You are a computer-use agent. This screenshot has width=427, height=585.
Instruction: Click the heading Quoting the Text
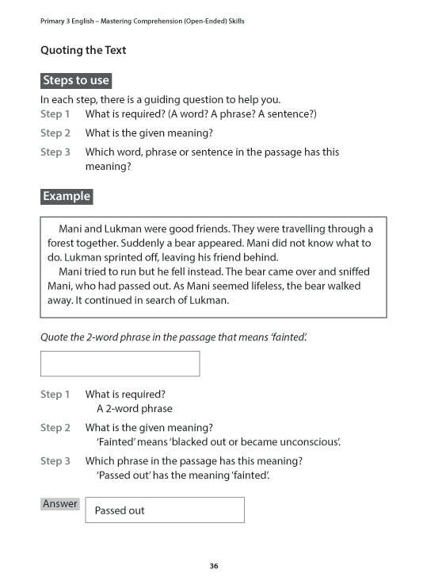pyautogui.click(x=83, y=50)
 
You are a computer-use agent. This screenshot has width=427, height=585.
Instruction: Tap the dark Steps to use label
pyautogui.click(x=76, y=80)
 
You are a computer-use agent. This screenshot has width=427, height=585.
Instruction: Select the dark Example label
pyautogui.click(x=67, y=196)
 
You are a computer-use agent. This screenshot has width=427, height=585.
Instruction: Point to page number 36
pyautogui.click(x=213, y=566)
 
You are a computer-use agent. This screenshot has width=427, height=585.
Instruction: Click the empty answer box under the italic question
pyautogui.click(x=120, y=364)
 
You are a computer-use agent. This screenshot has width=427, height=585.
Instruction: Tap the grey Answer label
pyautogui.click(x=60, y=504)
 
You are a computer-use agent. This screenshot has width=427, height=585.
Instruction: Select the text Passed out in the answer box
pyautogui.click(x=120, y=510)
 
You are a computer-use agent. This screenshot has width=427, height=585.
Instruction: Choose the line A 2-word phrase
pyautogui.click(x=134, y=409)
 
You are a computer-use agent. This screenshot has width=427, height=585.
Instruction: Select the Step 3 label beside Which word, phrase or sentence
pyautogui.click(x=55, y=152)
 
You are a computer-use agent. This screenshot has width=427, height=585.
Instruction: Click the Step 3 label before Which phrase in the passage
pyautogui.click(x=55, y=460)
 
